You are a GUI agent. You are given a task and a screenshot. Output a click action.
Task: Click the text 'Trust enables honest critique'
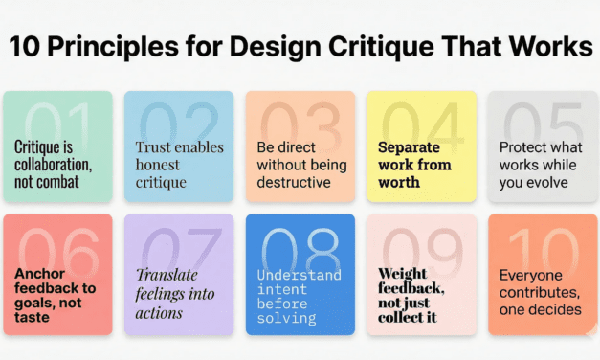[x=179, y=164]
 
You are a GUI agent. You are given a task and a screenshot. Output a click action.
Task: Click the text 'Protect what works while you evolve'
[x=542, y=164]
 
